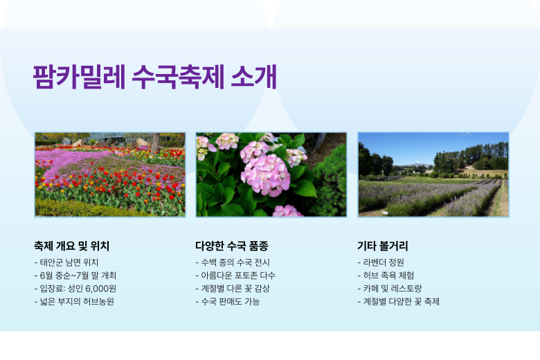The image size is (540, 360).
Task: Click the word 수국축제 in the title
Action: (x=178, y=76)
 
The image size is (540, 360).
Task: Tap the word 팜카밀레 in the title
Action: (x=79, y=76)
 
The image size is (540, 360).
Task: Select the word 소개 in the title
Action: (x=254, y=76)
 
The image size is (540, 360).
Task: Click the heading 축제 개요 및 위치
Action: (x=71, y=246)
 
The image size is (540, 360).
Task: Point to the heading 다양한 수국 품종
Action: (x=232, y=246)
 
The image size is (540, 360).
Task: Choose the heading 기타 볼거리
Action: (x=383, y=246)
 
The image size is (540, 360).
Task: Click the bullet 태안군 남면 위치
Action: (x=66, y=262)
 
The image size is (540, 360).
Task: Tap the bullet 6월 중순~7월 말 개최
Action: (x=75, y=276)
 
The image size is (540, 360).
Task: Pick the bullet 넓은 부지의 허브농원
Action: (x=74, y=302)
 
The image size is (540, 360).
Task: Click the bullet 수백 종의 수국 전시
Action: (x=233, y=262)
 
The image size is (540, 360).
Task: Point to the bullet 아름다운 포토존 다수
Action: (x=235, y=276)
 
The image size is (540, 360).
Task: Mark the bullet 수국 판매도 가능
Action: (x=228, y=302)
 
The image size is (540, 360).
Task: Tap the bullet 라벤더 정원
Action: (x=381, y=262)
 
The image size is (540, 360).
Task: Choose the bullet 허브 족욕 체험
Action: (x=386, y=276)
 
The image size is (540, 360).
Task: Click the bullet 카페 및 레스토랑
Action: (x=390, y=289)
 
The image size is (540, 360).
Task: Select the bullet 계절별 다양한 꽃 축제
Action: (x=399, y=302)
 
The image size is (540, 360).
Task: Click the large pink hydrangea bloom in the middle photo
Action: (x=266, y=174)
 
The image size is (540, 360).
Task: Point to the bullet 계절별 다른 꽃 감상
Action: (x=233, y=289)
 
